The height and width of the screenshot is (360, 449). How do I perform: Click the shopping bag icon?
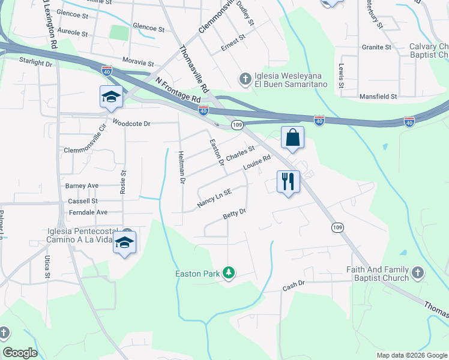tap(292, 137)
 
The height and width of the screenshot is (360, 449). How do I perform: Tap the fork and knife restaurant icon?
tap(288, 181)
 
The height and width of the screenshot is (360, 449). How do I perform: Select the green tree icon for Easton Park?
tap(228, 274)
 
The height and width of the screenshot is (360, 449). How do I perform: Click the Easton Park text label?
tap(195, 274)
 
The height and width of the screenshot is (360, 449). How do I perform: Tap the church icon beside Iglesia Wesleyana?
tap(244, 79)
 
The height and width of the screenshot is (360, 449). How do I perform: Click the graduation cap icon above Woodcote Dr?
tap(111, 97)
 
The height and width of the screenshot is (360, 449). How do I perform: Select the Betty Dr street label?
tap(235, 214)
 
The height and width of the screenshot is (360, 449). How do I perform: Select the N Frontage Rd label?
tap(177, 89)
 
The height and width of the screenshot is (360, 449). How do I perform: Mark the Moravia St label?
tap(138, 62)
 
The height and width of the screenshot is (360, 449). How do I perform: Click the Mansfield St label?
tap(378, 96)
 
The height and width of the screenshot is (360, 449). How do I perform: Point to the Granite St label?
tap(376, 47)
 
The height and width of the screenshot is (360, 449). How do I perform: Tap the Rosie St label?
tap(124, 181)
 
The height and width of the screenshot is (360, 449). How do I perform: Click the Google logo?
tap(20, 353)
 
